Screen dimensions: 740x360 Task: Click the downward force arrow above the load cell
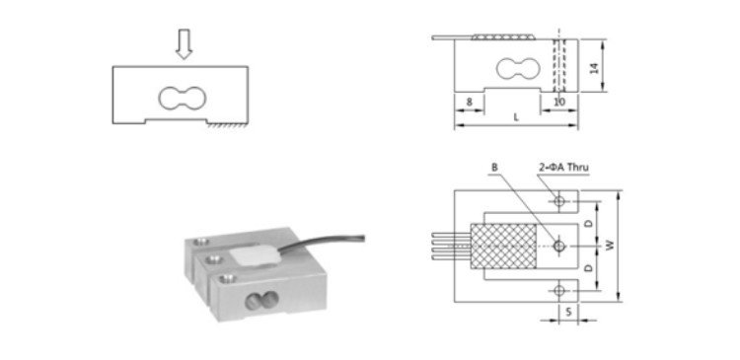(x=184, y=43)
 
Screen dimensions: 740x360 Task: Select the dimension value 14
(x=595, y=66)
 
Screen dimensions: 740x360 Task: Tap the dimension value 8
(x=469, y=102)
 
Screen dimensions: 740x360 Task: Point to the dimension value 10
(x=559, y=102)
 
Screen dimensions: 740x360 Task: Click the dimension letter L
(x=516, y=117)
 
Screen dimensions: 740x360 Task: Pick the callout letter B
(x=494, y=167)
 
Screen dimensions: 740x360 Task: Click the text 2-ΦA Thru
(x=563, y=167)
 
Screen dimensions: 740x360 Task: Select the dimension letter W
(x=610, y=245)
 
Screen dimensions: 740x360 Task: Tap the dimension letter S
(x=568, y=312)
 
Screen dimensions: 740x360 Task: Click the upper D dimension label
(x=588, y=224)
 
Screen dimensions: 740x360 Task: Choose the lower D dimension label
(x=588, y=267)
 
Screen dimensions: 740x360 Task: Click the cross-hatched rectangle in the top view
(x=503, y=246)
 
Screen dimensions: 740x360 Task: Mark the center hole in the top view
(x=559, y=246)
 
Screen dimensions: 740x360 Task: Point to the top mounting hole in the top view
(x=559, y=201)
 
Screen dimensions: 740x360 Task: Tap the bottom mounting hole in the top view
(x=559, y=291)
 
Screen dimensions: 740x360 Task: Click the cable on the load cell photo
(x=321, y=243)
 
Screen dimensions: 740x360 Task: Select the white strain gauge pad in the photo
(x=254, y=258)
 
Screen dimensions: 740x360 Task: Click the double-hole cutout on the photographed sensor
(x=261, y=301)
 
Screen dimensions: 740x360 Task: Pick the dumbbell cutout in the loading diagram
(x=183, y=99)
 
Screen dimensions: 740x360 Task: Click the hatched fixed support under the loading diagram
(x=227, y=124)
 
